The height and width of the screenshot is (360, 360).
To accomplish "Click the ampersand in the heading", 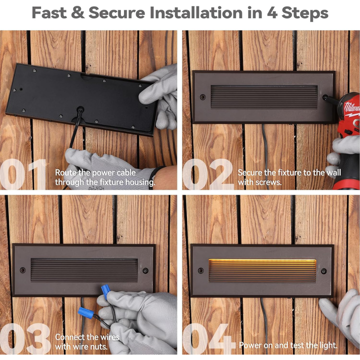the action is tap(78, 13).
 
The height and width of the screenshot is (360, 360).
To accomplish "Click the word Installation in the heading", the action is tap(196, 12).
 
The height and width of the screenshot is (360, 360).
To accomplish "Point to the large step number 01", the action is tap(23, 174).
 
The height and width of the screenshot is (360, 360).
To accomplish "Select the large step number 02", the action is tap(208, 174).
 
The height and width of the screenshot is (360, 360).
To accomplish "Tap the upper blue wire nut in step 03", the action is tap(106, 291).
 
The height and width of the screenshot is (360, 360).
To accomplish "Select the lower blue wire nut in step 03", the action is tap(86, 312).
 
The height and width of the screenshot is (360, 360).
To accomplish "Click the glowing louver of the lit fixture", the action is tap(262, 270).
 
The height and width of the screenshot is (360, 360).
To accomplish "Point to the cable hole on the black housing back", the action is tap(80, 109).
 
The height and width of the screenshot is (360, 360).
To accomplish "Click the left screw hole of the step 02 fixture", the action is tap(202, 97).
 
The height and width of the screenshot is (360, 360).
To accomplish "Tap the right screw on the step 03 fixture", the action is tap(145, 270).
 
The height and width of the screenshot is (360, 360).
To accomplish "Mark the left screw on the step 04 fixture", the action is tap(200, 270).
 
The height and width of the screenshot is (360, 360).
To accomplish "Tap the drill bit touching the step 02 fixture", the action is tap(331, 98).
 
